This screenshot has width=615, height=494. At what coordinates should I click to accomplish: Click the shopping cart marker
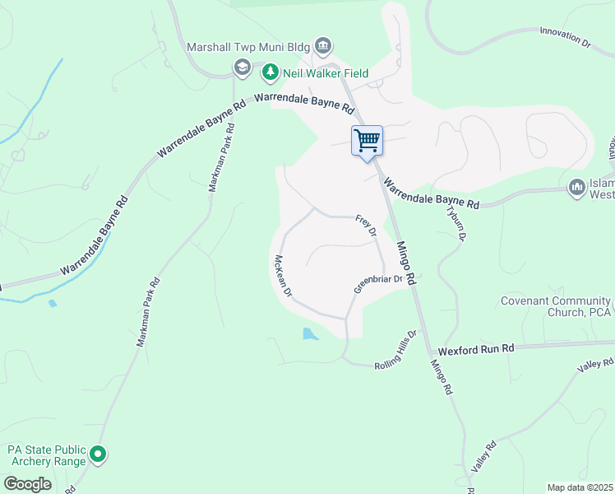[367, 141]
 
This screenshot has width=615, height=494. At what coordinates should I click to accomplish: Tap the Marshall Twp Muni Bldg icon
[323, 44]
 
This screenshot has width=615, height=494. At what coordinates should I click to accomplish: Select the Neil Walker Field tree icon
[270, 73]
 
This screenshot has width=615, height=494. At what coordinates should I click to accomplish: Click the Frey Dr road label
[366, 226]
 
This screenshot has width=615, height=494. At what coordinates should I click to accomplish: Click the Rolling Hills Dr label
[396, 350]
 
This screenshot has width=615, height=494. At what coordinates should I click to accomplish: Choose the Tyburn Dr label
[455, 221]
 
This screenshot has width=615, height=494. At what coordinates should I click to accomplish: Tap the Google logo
[27, 484]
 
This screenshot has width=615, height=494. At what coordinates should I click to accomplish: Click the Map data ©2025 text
[580, 487]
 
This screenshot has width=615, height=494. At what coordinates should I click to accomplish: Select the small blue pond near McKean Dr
[310, 334]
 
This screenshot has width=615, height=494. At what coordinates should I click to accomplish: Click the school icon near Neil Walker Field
[243, 69]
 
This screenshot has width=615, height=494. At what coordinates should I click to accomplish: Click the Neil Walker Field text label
[325, 73]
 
